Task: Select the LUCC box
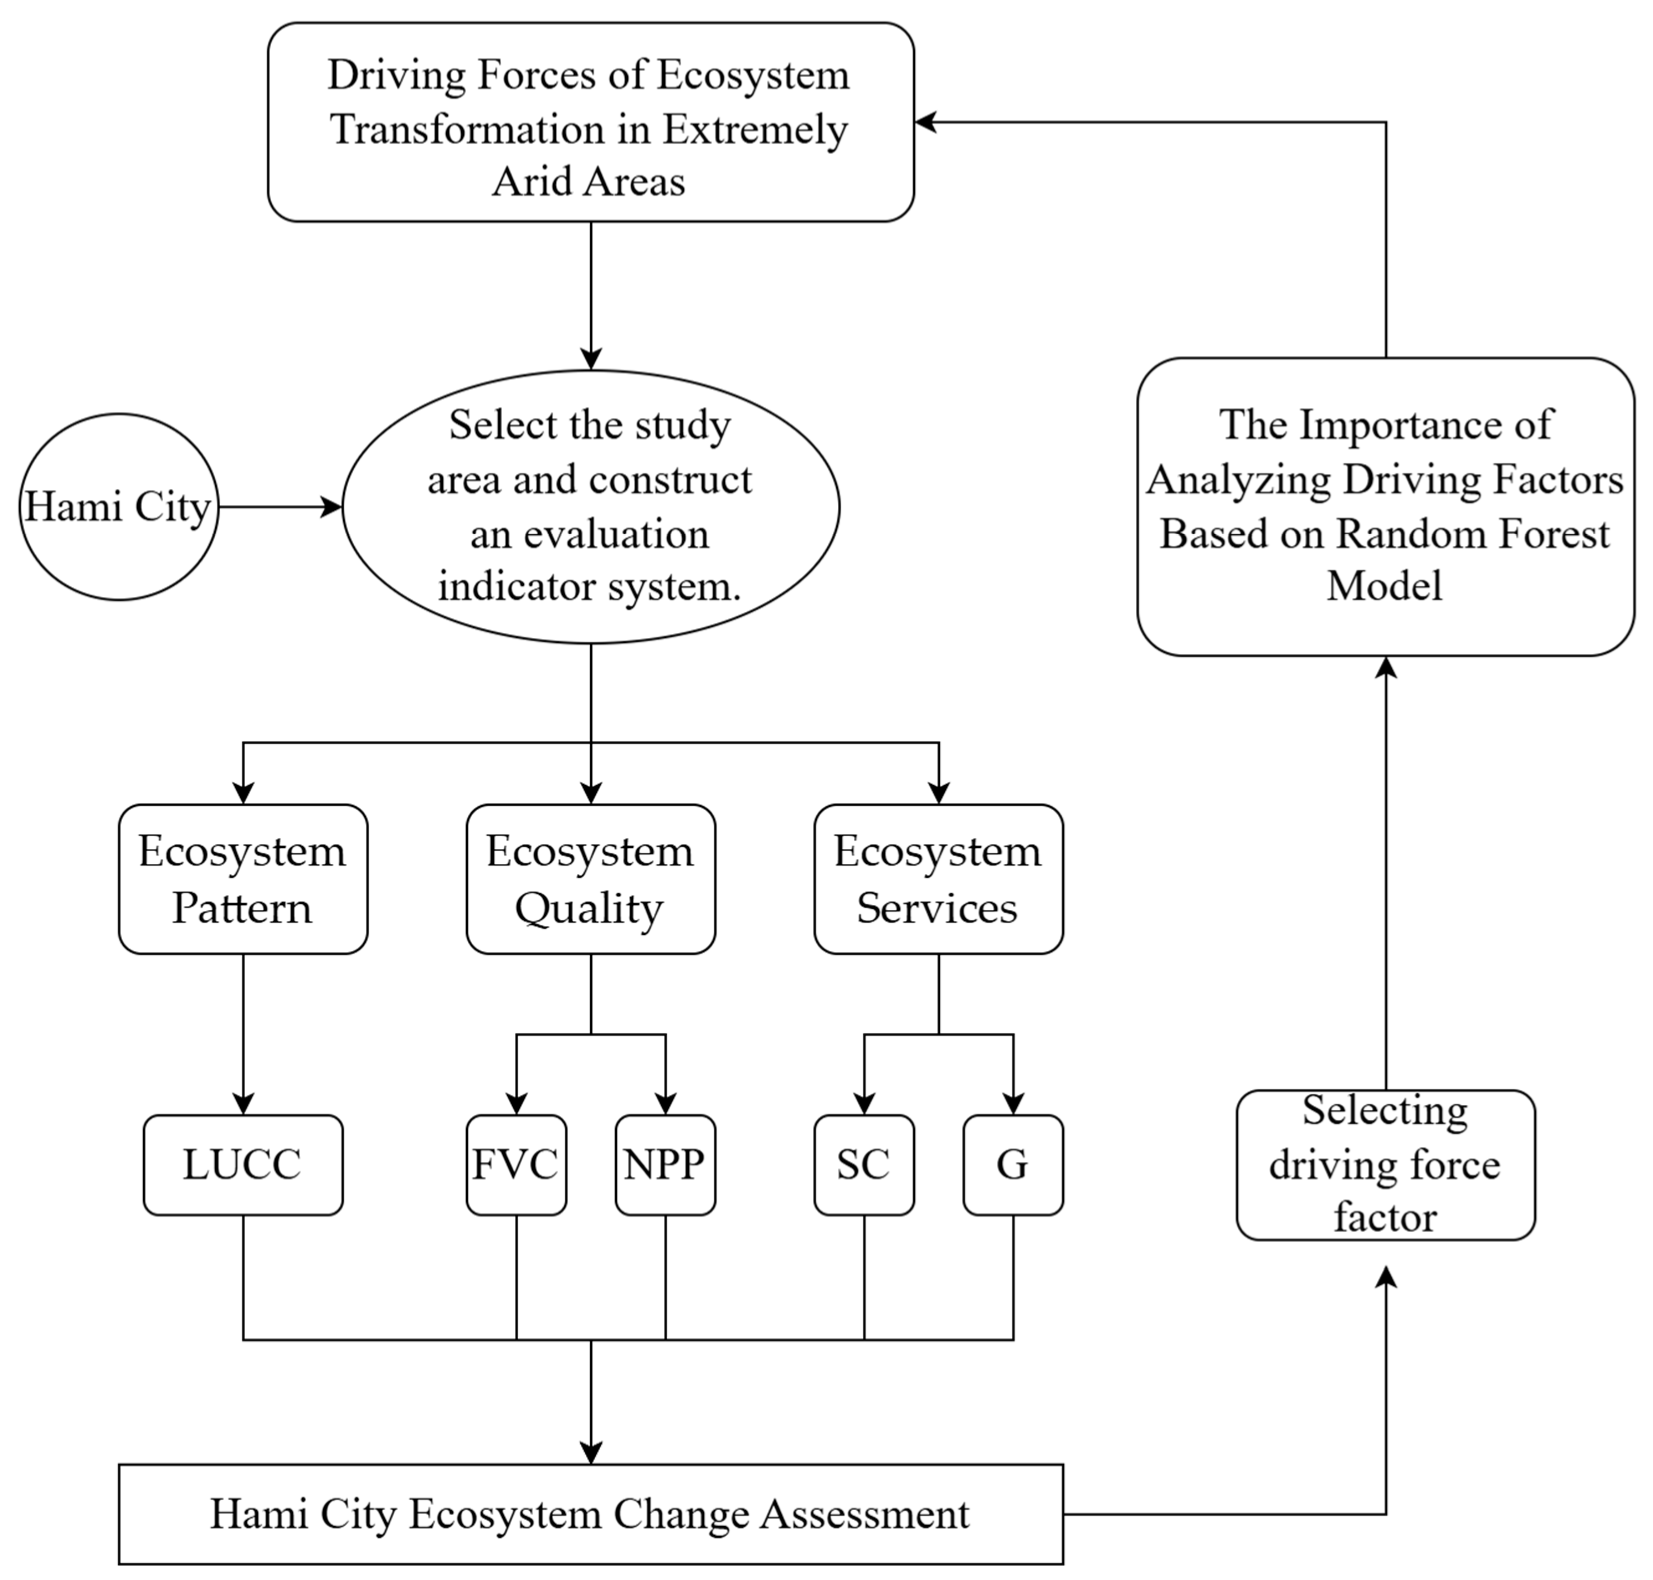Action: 242,1165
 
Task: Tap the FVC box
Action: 515,1165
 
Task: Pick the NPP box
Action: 664,1165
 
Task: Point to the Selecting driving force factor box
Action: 1385,1165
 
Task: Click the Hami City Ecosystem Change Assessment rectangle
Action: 590,1513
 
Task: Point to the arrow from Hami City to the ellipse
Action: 278,507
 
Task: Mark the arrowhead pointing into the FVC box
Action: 516,1103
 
